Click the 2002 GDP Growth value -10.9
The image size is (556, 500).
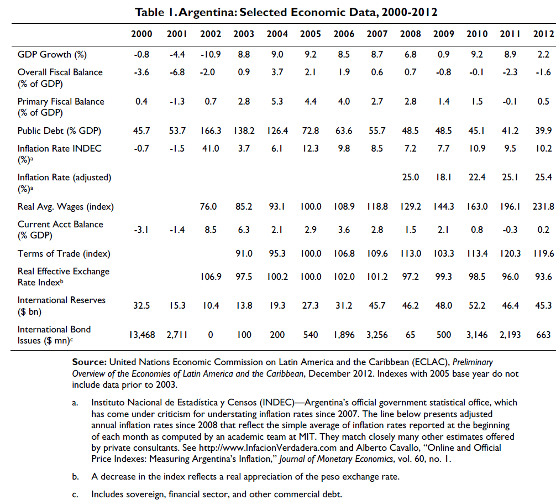click(211, 54)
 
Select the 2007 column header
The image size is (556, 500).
click(377, 34)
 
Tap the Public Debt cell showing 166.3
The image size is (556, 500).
click(211, 131)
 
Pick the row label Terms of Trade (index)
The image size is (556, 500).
click(64, 254)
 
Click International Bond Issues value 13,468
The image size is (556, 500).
click(142, 335)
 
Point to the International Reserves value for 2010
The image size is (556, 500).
click(477, 305)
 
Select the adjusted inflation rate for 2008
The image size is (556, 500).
click(410, 177)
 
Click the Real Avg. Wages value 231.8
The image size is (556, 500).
click(543, 206)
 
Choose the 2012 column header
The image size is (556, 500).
click(543, 34)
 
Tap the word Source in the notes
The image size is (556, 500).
click(89, 362)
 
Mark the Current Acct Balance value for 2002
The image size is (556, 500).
click(211, 230)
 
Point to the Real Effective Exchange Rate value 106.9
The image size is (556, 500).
click(211, 277)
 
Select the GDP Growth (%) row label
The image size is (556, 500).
click(52, 55)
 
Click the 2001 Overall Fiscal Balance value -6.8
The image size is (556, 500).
click(177, 72)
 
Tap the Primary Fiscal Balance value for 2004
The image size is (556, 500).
click(277, 101)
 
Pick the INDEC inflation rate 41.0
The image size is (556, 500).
click(211, 148)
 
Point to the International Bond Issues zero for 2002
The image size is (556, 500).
click(211, 335)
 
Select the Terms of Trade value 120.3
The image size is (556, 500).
click(510, 254)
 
